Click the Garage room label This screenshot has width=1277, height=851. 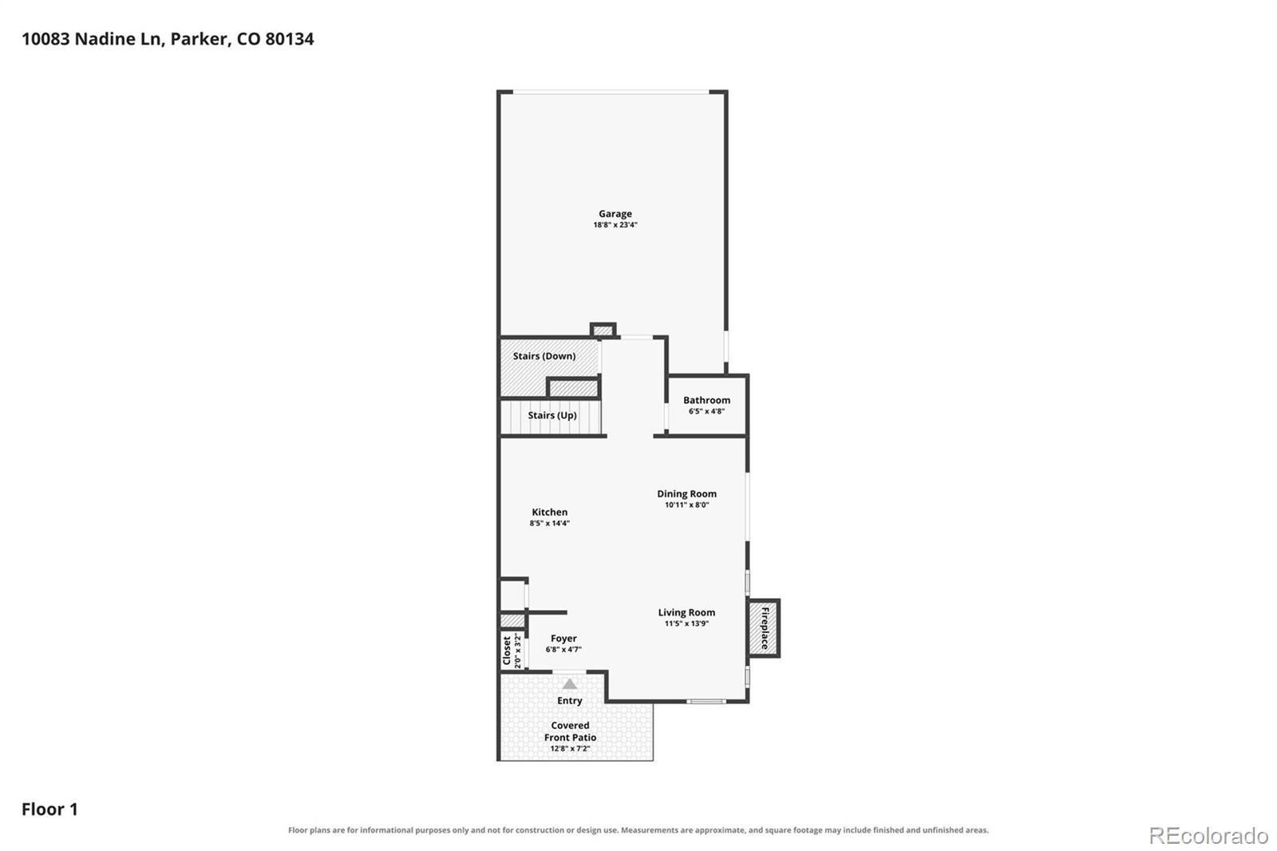(x=615, y=214)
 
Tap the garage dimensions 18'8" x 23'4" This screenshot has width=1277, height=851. (x=615, y=225)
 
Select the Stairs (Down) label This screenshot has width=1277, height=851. (x=544, y=356)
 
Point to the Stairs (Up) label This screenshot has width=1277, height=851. (x=552, y=415)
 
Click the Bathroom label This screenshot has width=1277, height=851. (x=707, y=401)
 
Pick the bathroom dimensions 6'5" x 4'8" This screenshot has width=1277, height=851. (x=707, y=411)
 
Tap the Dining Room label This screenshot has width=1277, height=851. (x=687, y=494)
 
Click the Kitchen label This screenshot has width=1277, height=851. (x=550, y=513)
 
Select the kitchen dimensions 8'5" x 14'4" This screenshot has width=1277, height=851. (x=550, y=523)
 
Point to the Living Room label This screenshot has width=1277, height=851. (x=687, y=612)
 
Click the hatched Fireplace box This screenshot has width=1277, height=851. (x=764, y=628)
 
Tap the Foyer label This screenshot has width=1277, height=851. (x=563, y=639)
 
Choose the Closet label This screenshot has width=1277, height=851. (x=507, y=651)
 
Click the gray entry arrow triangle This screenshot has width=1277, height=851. (x=570, y=684)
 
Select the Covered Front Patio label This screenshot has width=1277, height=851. (x=570, y=731)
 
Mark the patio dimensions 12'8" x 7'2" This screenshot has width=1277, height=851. (x=570, y=748)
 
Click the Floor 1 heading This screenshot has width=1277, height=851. (x=49, y=809)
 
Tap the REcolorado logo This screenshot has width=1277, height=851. (x=1208, y=836)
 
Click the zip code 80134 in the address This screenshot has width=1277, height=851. (x=290, y=39)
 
